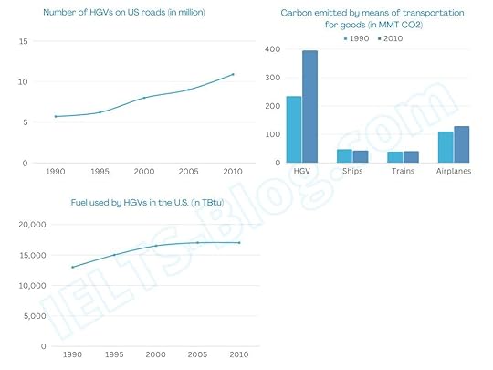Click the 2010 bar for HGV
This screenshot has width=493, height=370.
309,107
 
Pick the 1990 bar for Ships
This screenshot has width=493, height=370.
344,156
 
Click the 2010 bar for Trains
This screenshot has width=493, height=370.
411,157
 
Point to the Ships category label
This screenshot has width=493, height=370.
351,171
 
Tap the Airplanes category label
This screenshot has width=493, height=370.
453,171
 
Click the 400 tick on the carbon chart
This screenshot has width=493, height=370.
271,49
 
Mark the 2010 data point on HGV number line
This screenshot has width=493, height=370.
233,74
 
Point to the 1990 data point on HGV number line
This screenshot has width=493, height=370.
56,116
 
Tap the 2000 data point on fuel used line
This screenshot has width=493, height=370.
155,246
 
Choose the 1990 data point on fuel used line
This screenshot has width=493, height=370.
72,267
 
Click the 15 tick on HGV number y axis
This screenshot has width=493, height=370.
24,42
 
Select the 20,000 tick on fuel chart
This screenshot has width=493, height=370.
33,225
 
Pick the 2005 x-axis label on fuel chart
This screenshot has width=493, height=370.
197,354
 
